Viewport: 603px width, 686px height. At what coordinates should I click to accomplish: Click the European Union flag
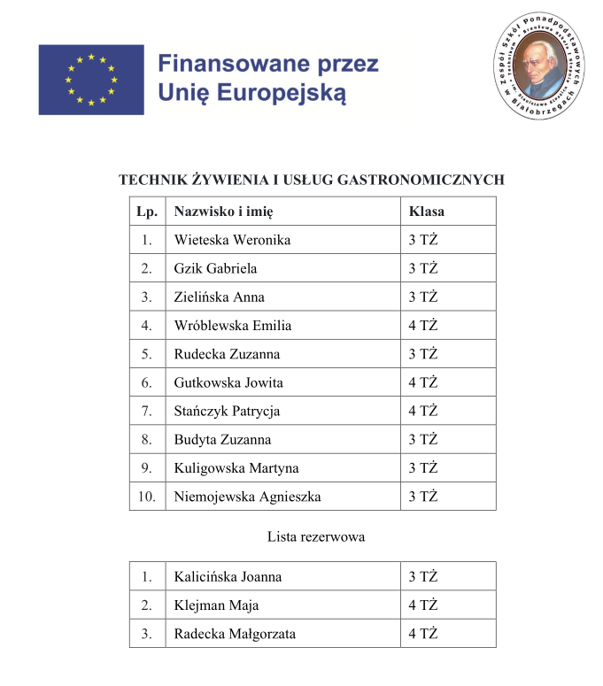pos(90,80)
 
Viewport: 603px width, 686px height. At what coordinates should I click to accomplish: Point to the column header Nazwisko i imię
pos(223,212)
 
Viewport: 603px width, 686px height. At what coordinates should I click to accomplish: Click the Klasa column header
pos(426,212)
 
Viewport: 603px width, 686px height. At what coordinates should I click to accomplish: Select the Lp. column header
pos(147,212)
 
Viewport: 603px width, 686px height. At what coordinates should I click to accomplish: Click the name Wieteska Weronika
pos(232,240)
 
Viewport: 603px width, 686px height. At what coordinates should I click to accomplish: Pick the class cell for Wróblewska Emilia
pos(423,326)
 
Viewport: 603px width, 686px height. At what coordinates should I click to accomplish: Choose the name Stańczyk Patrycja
pos(228,412)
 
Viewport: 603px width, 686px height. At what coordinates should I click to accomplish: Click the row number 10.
pos(147,497)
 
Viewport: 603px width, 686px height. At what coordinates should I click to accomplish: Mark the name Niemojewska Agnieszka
pos(247,497)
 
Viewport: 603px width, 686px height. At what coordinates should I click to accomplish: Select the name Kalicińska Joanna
pos(228,577)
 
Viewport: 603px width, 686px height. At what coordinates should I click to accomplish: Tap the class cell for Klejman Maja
pos(423,605)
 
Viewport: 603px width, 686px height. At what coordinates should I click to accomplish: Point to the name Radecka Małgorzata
pos(235,634)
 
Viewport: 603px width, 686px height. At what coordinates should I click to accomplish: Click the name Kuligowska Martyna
pos(236,468)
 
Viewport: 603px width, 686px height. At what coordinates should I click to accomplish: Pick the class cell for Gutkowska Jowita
pos(423,383)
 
